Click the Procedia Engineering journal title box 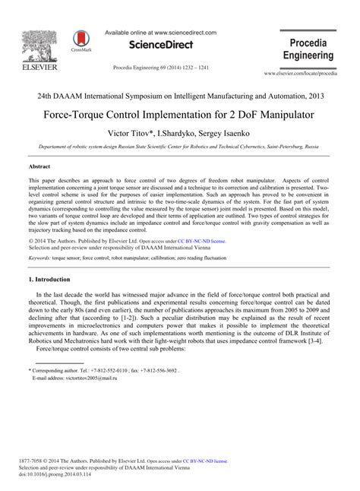(308, 49)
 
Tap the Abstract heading (39, 165)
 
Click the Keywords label (39, 237)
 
